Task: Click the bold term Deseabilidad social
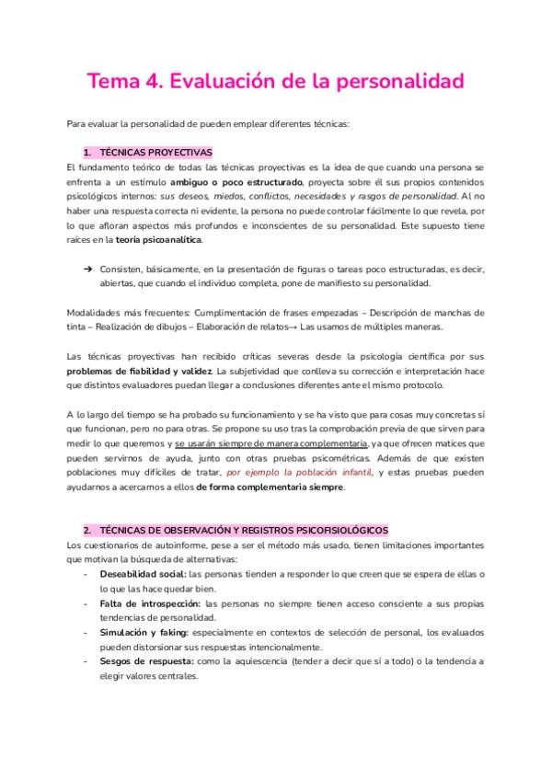(142, 574)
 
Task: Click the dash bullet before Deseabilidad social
(85, 574)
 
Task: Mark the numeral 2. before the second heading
(86, 531)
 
